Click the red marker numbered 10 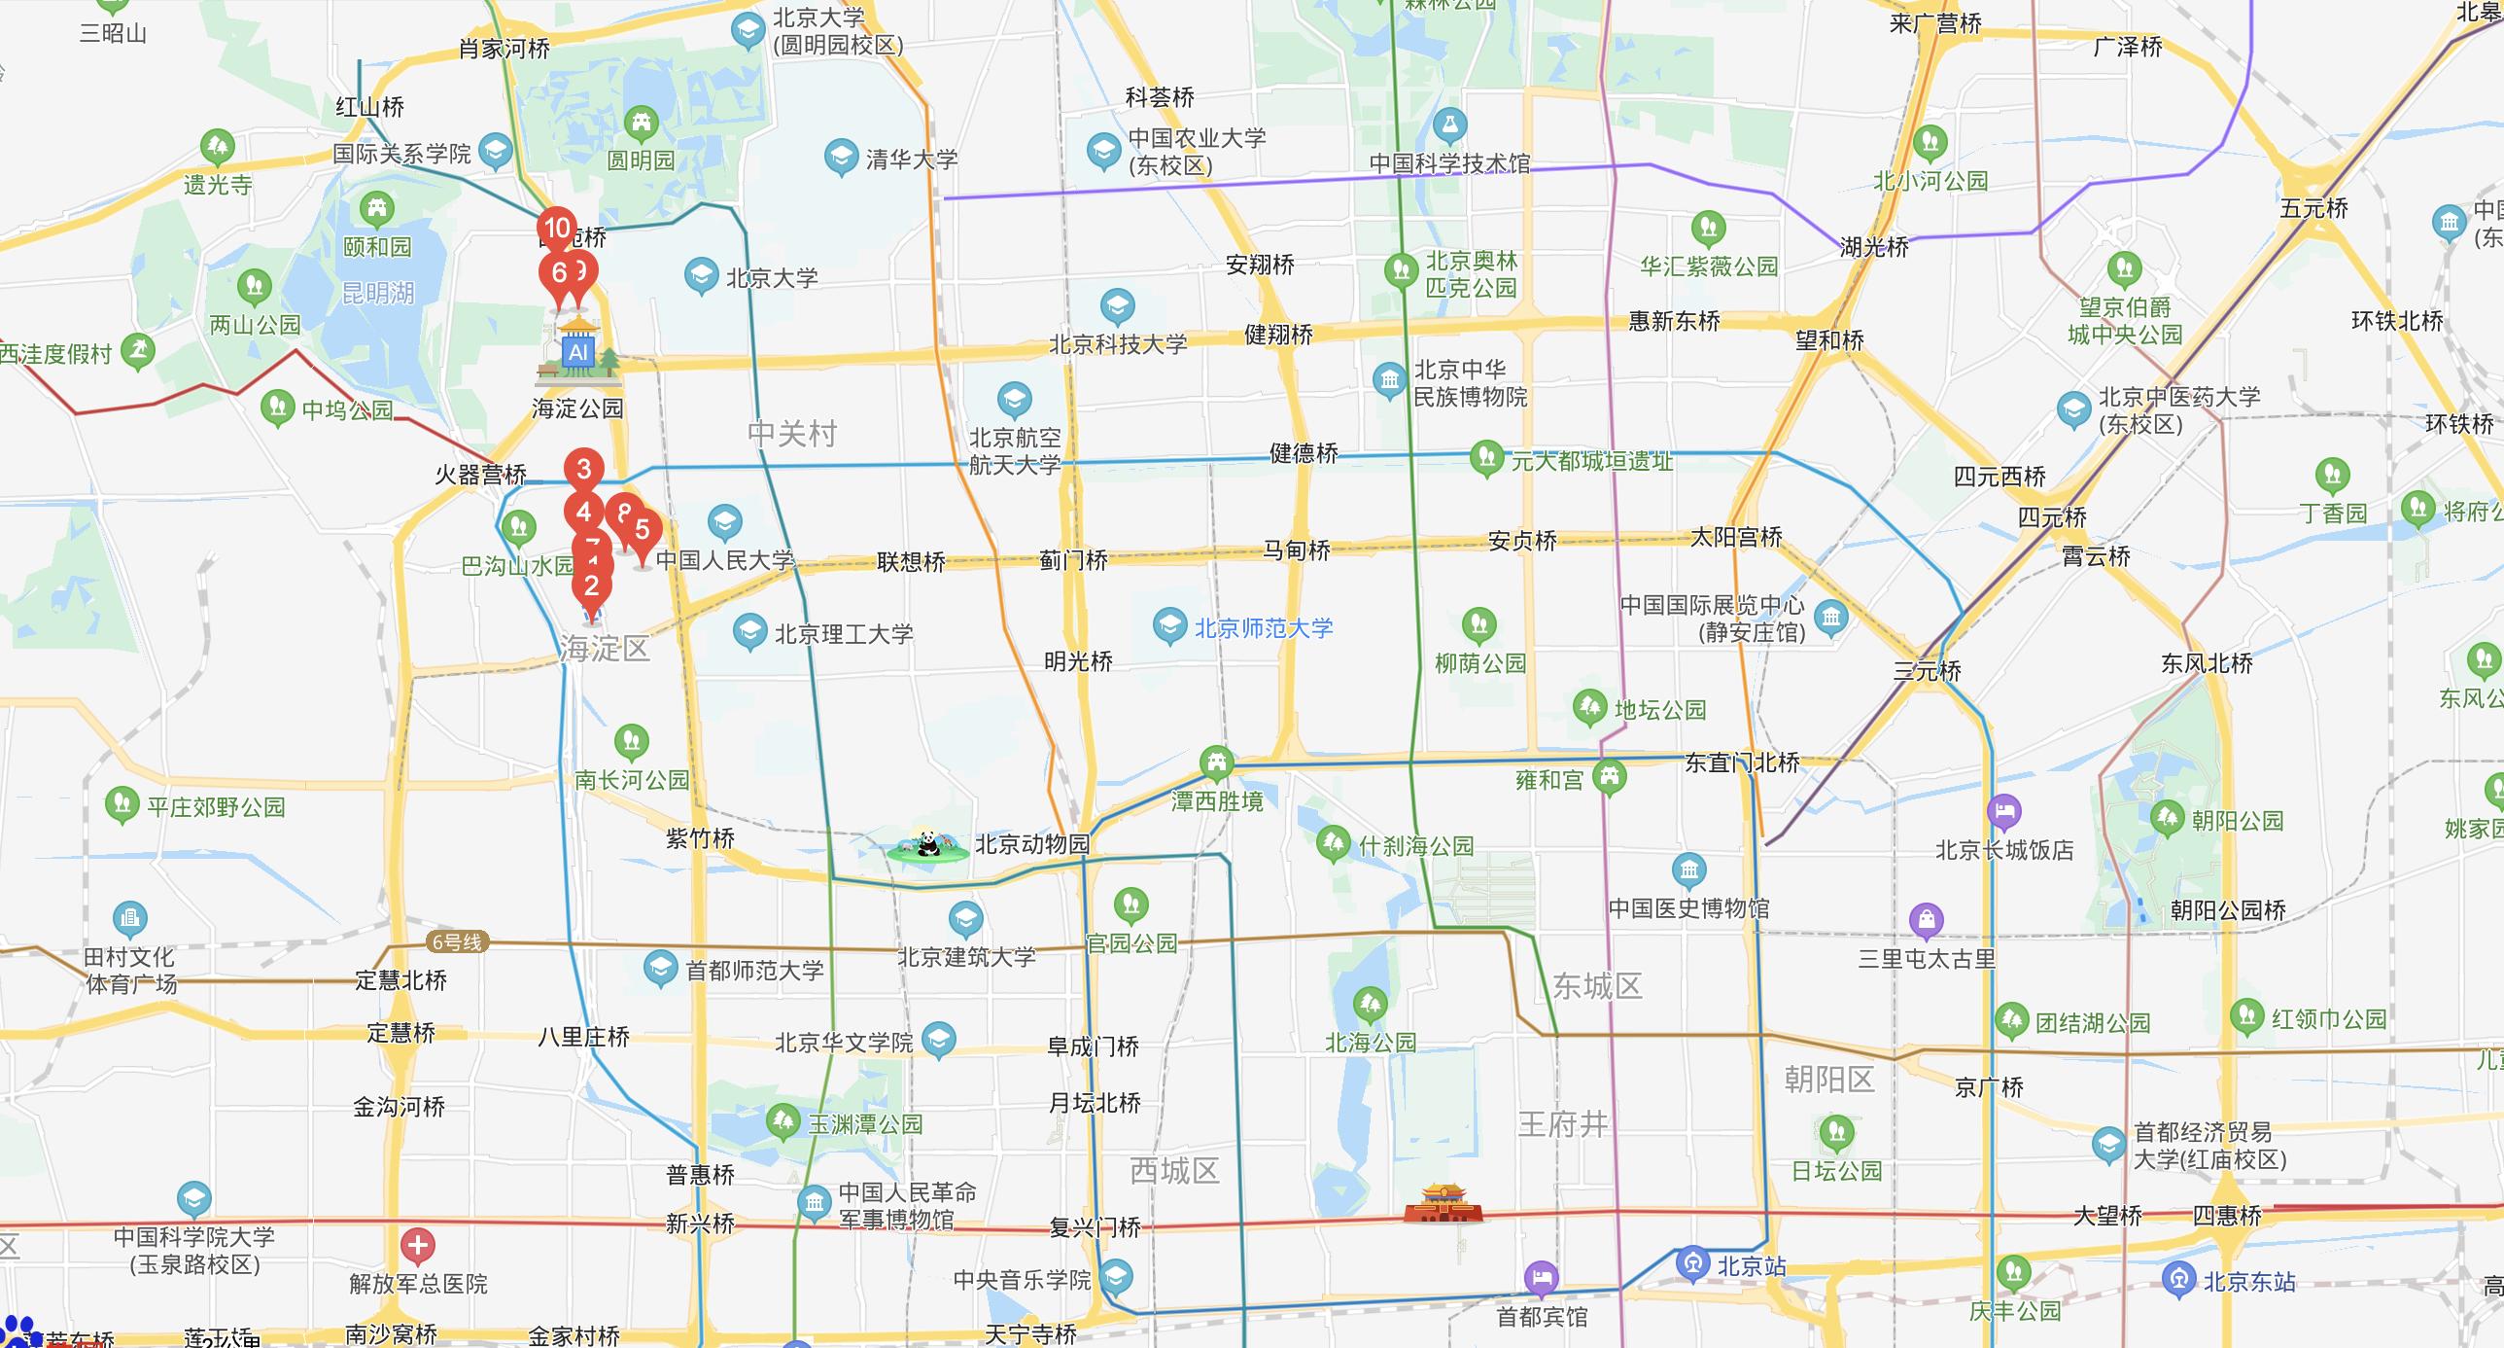tap(557, 230)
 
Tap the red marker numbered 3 tap(584, 470)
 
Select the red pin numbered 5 tap(643, 530)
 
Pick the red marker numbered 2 tap(591, 586)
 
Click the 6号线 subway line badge tap(456, 941)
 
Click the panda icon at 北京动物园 tap(928, 844)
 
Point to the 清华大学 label tap(911, 159)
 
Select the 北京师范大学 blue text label tap(1263, 628)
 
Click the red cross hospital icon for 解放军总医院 tap(418, 1245)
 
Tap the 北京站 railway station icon tap(1692, 1264)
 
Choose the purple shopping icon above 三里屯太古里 tap(1926, 919)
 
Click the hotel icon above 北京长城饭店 tap(2004, 811)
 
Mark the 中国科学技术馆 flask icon tap(1449, 125)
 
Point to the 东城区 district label tap(1597, 986)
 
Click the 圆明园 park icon tap(642, 123)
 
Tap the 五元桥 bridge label tap(2313, 209)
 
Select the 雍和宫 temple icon tap(1610, 777)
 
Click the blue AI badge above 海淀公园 tap(578, 352)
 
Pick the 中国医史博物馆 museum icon tap(1688, 870)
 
